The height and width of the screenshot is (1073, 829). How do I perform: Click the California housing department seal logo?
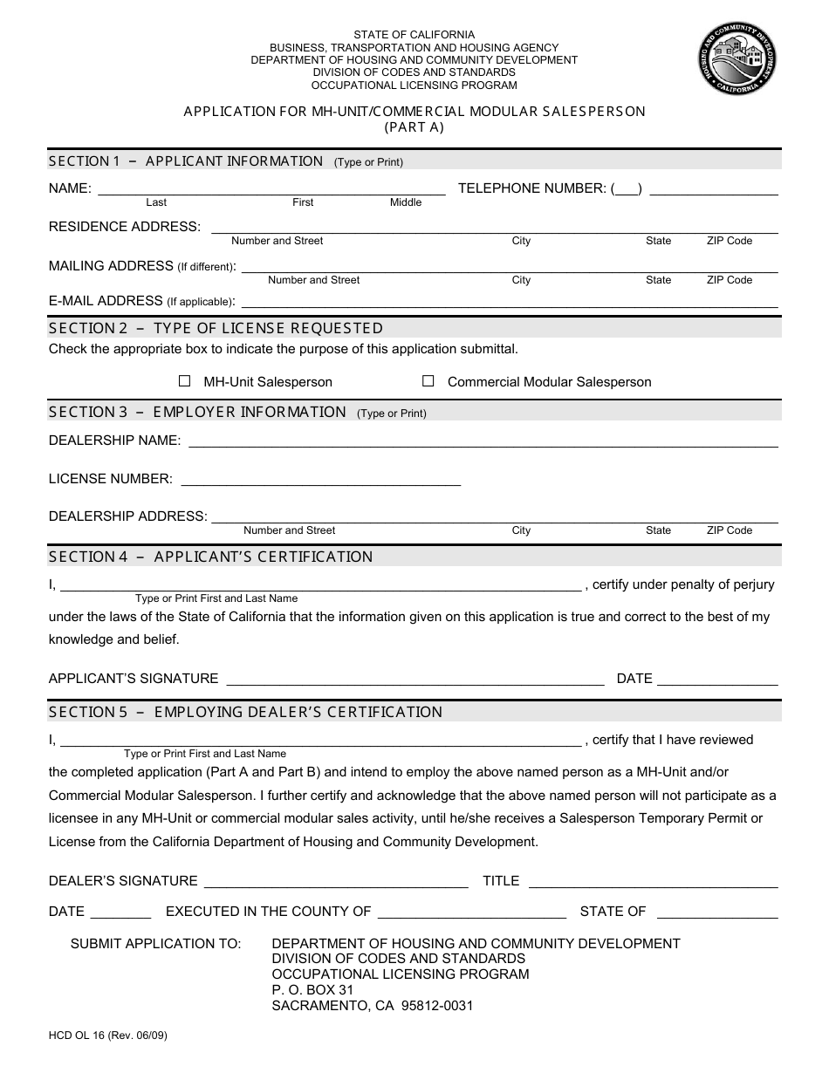[x=737, y=59]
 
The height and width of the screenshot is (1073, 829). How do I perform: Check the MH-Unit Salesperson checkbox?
[x=184, y=381]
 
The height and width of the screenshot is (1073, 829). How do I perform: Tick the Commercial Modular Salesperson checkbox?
[x=428, y=381]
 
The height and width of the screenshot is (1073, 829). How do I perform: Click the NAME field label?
[x=70, y=188]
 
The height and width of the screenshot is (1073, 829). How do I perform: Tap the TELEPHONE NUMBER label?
[x=531, y=188]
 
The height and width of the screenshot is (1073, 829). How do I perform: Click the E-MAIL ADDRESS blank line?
[x=508, y=304]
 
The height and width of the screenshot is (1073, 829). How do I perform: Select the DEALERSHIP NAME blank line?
[x=483, y=442]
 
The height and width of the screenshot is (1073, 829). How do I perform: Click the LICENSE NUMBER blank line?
[x=319, y=481]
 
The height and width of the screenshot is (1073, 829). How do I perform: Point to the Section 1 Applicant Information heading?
[x=185, y=161]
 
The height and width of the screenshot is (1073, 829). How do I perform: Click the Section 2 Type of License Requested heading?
[x=216, y=328]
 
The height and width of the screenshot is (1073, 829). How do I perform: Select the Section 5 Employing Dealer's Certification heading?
[x=245, y=712]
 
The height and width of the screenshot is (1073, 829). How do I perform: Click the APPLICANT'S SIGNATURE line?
[x=414, y=680]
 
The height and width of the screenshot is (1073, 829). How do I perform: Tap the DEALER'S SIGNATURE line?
[x=336, y=883]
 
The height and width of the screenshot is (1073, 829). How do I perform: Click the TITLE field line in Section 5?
[x=653, y=883]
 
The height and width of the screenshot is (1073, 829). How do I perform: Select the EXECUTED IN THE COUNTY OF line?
[x=472, y=913]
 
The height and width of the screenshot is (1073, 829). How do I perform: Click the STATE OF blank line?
[x=716, y=913]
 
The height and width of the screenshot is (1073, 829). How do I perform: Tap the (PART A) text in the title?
[x=414, y=127]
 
